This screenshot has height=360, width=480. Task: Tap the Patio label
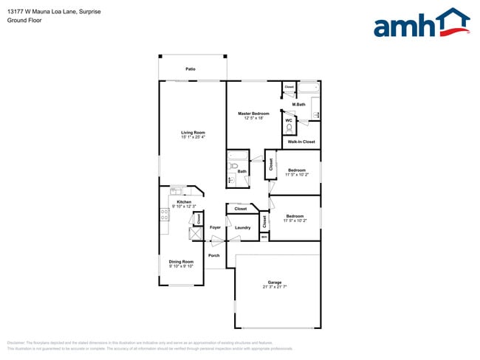(x=191, y=69)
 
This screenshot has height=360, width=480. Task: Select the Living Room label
(x=192, y=133)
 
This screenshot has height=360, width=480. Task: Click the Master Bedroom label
(x=253, y=114)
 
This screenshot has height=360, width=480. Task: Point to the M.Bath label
(x=299, y=105)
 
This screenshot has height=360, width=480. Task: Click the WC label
(x=289, y=120)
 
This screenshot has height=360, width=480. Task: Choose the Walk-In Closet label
(x=301, y=142)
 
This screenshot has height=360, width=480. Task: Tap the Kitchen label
(x=184, y=202)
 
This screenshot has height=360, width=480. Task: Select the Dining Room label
(x=181, y=262)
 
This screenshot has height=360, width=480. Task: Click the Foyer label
(x=215, y=228)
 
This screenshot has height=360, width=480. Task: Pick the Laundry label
(x=242, y=228)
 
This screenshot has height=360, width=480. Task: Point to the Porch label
(x=214, y=255)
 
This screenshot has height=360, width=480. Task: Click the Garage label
(x=275, y=282)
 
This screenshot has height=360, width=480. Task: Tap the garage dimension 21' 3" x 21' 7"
(x=275, y=287)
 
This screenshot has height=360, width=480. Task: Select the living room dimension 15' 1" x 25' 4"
(x=192, y=138)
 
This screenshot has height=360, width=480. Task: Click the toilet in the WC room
(x=288, y=128)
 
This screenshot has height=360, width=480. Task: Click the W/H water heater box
(x=264, y=237)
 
